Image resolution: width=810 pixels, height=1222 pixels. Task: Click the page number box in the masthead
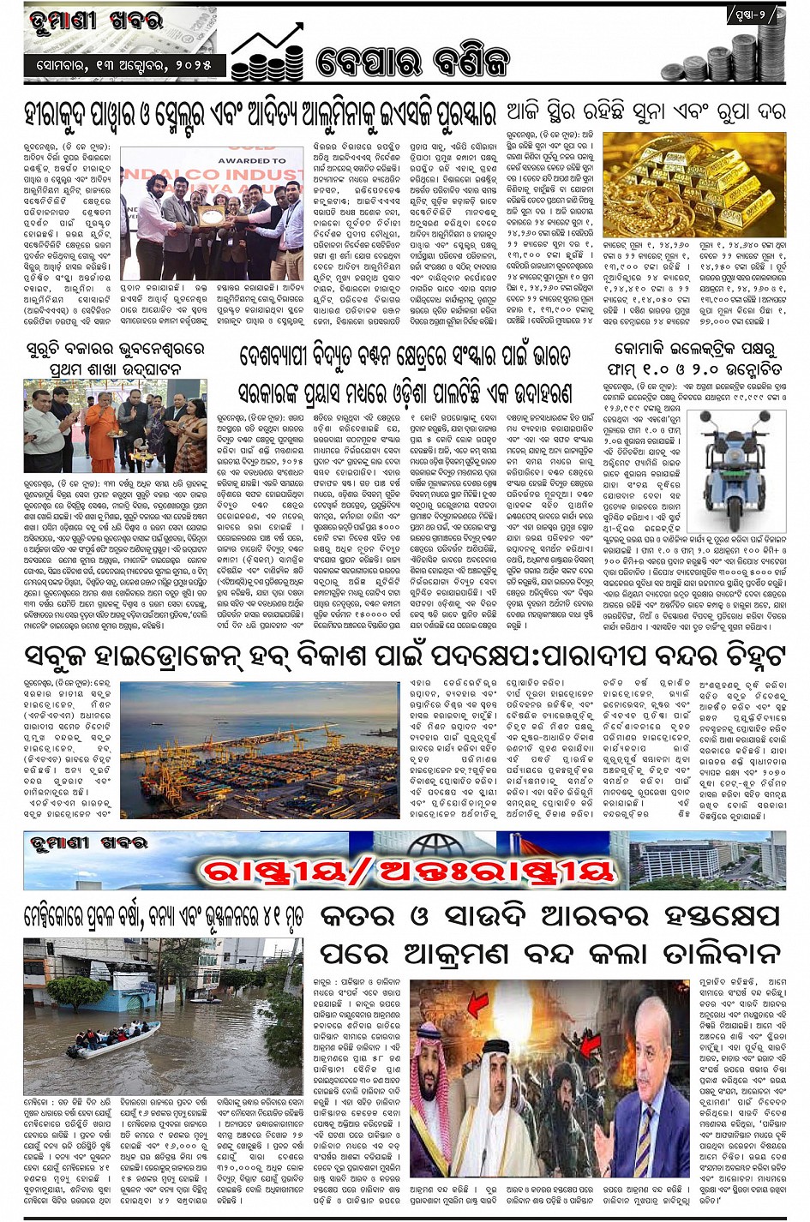[x=755, y=15]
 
